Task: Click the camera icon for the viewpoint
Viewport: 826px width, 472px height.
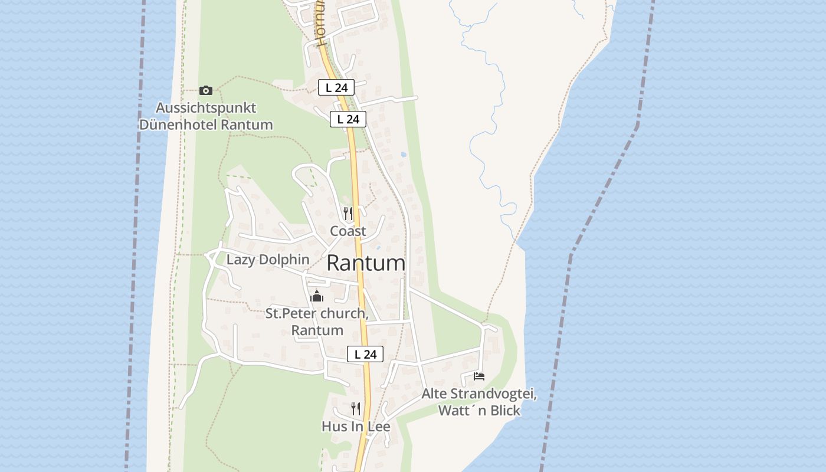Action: pos(205,90)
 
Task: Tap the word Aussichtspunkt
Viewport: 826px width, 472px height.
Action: pos(205,108)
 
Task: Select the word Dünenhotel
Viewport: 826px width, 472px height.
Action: pos(178,125)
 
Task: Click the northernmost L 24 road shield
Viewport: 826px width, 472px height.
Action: pos(336,87)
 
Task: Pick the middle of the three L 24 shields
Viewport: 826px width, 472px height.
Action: pos(348,119)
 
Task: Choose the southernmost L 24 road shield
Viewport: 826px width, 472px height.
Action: pos(365,354)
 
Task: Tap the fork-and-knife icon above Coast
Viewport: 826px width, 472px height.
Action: pos(348,213)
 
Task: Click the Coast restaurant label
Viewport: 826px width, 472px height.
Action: pos(348,231)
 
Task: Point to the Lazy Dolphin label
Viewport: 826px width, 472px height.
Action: pos(268,260)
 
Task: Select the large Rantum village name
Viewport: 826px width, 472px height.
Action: pos(366,263)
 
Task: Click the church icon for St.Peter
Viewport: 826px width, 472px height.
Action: pos(317,296)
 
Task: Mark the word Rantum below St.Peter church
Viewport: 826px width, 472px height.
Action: pos(317,330)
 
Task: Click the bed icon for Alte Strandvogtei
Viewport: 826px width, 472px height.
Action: pos(479,376)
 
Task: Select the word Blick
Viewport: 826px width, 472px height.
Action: pos(504,411)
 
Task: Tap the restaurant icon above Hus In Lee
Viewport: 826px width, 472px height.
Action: pos(356,408)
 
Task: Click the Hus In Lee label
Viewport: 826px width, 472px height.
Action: pos(356,426)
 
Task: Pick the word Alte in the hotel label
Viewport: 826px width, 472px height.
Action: pos(435,394)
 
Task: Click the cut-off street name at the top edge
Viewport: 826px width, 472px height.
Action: pos(321,24)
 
